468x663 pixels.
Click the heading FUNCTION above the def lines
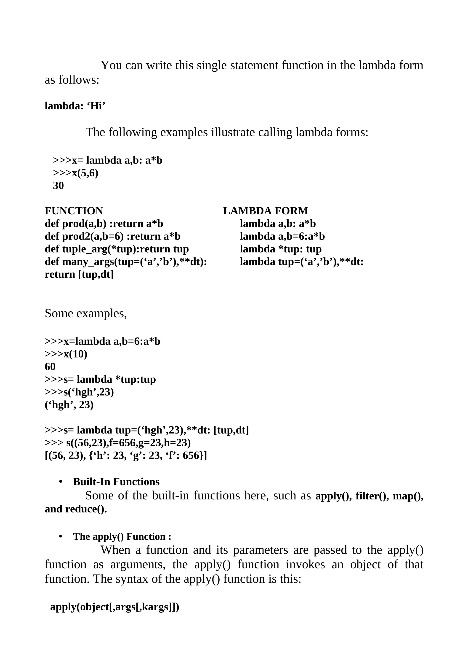(74, 211)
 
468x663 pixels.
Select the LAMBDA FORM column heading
(265, 211)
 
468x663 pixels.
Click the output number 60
(50, 367)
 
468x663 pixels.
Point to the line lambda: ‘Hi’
(75, 106)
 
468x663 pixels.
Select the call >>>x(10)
(66, 354)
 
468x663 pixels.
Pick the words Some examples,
(86, 313)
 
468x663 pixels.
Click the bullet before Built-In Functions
(61, 482)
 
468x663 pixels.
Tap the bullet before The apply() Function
(61, 536)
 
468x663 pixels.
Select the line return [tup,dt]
(79, 274)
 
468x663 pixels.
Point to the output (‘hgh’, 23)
(69, 405)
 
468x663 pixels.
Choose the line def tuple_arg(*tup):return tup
(117, 249)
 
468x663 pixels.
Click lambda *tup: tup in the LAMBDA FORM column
(281, 249)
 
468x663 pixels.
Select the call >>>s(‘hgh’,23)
(79, 392)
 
